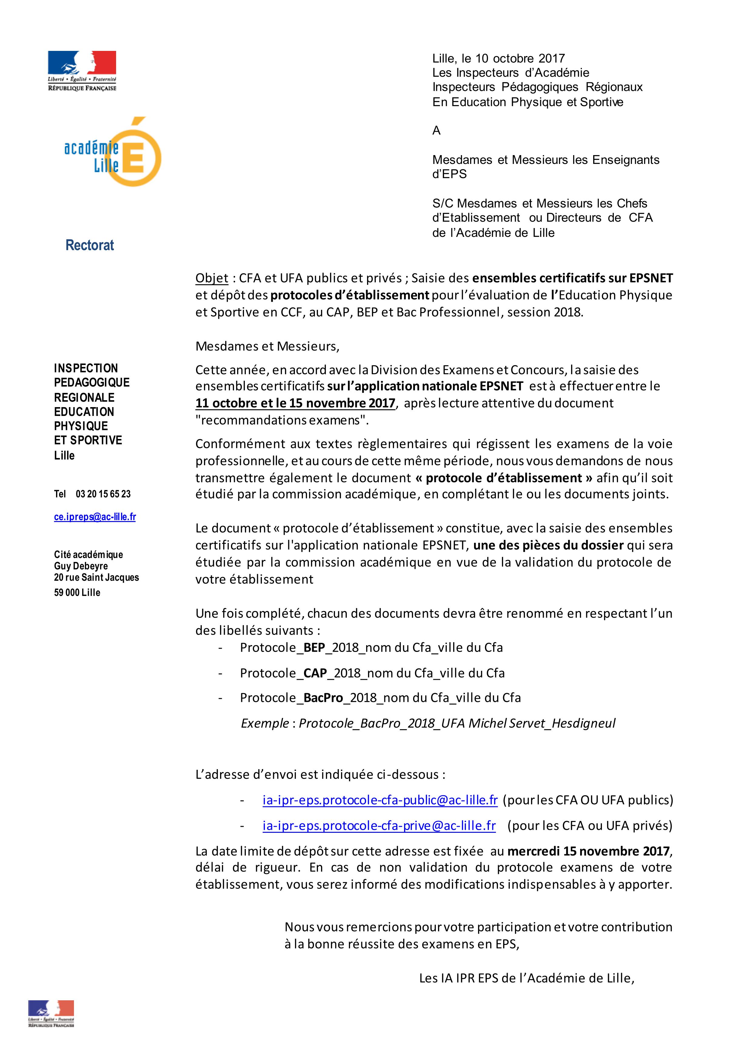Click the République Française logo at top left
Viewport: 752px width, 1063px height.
82,70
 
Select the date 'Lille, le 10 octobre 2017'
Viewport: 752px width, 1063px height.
498,58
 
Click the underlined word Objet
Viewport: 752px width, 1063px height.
212,278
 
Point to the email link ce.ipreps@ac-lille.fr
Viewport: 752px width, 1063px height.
95,517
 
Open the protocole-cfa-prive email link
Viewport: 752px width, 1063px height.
379,825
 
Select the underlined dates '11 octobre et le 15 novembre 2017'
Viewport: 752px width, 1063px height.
295,403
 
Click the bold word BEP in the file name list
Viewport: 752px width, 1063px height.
314,647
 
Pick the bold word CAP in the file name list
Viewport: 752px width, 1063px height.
315,673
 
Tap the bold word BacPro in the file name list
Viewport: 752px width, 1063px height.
323,698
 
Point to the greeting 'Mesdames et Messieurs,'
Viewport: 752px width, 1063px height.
267,346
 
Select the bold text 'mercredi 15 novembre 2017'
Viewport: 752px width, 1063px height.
588,851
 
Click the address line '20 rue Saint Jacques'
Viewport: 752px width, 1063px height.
96,577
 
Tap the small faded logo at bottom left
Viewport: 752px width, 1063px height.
51,1013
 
